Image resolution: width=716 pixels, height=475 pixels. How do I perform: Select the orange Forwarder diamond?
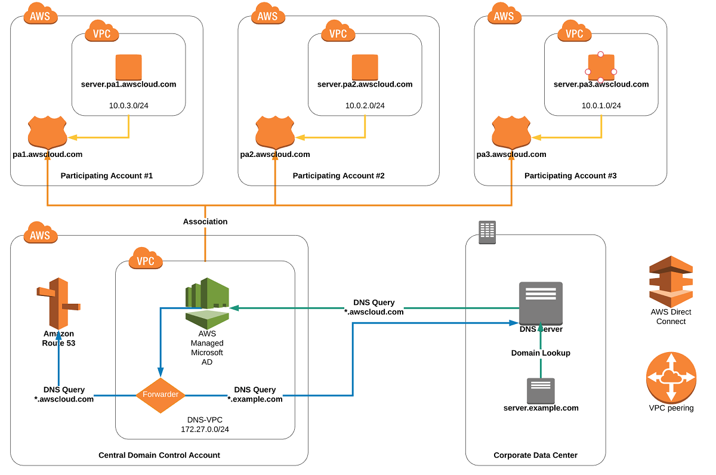(160, 395)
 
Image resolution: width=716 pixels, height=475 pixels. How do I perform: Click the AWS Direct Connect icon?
(671, 282)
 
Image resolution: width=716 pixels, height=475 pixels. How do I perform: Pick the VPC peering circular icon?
(671, 377)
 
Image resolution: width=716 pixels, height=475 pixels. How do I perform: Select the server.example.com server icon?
(541, 390)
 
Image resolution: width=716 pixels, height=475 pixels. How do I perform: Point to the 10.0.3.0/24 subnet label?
(129, 106)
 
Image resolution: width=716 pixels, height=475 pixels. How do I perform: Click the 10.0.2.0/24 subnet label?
(365, 106)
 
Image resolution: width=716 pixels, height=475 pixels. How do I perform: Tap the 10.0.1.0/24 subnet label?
(601, 106)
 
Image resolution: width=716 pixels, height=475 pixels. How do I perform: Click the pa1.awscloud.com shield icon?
(47, 132)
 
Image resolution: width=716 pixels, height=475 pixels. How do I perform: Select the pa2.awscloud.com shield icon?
(275, 132)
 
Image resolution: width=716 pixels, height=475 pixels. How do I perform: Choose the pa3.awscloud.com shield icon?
(511, 132)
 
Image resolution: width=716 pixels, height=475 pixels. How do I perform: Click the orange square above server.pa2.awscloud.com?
(365, 66)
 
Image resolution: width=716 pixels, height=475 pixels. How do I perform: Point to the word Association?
(205, 221)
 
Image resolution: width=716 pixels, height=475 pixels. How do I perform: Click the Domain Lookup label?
(541, 353)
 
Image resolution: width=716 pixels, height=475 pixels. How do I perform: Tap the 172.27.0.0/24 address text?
(205, 429)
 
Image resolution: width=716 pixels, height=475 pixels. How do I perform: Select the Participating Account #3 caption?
(570, 175)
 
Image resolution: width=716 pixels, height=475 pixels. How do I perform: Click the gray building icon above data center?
(487, 232)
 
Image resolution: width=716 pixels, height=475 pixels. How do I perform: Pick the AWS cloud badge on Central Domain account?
(41, 235)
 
